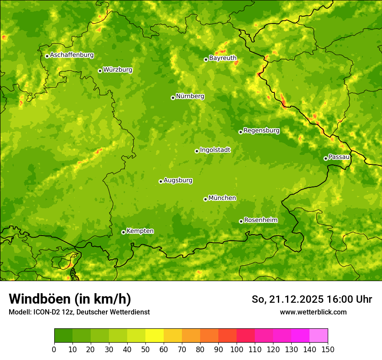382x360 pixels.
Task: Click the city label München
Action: pos(222,198)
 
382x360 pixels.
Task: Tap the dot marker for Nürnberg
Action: pos(173,98)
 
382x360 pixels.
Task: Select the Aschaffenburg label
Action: pos(72,55)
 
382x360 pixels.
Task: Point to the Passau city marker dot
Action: pos(326,158)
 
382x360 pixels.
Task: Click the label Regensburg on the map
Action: pos(261,131)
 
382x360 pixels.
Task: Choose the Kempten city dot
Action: pos(123,232)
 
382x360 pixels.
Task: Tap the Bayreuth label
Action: pos(223,58)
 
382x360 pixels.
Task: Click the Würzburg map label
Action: pos(118,70)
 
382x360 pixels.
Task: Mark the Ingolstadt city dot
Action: pos(197,151)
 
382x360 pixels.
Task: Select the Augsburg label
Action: pos(178,180)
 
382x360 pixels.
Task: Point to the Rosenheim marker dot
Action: pos(241,221)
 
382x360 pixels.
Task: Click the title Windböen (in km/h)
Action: pos(70,299)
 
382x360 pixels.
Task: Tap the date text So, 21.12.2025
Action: pos(287,299)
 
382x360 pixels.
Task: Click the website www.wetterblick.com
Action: pos(313,312)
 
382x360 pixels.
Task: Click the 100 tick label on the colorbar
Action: pos(236,349)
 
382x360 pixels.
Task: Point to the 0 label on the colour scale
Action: pos(54,349)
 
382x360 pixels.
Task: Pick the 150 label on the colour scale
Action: pos(328,349)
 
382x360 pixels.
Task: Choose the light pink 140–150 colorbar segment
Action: pos(318,336)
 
